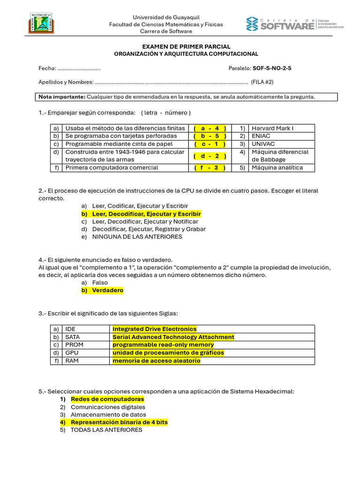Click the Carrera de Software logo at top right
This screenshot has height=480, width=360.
pyautogui.click(x=295, y=23)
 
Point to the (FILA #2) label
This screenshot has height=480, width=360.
pyautogui.click(x=262, y=82)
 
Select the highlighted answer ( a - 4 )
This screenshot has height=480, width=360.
pyautogui.click(x=210, y=128)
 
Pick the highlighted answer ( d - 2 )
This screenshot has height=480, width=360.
pyautogui.click(x=210, y=156)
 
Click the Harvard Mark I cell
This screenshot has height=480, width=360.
pyautogui.click(x=272, y=128)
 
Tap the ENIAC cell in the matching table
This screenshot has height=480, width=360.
pyautogui.click(x=262, y=136)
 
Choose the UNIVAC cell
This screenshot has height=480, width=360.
pyautogui.click(x=263, y=144)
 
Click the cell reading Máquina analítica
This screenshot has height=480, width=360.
pyautogui.click(x=277, y=167)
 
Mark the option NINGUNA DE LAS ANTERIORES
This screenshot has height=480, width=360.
pyautogui.click(x=137, y=237)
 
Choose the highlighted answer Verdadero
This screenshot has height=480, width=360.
pyautogui.click(x=107, y=290)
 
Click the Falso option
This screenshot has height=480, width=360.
pyautogui.click(x=100, y=283)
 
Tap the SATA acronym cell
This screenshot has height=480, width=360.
pyautogui.click(x=72, y=337)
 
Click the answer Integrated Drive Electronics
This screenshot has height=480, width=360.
pyautogui.click(x=155, y=329)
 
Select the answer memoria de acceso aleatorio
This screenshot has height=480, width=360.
pyautogui.click(x=156, y=360)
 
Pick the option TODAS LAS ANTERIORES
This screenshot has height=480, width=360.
pyautogui.click(x=106, y=430)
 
